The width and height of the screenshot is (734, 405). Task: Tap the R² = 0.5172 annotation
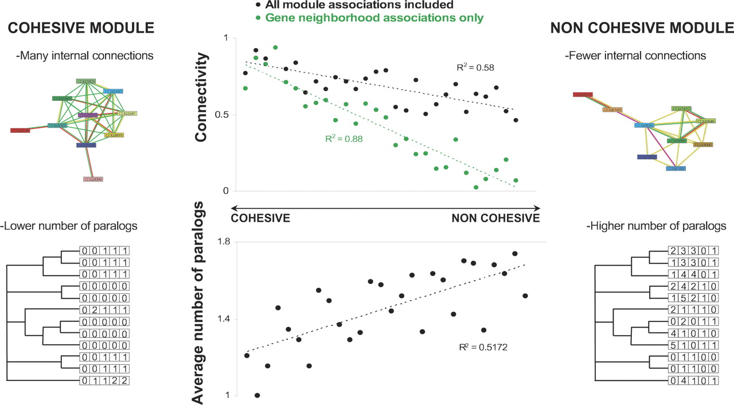(483, 347)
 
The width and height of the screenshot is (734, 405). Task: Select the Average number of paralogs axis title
(200, 303)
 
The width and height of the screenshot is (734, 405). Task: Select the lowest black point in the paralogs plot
(257, 395)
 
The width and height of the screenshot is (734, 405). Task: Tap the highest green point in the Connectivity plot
(275, 48)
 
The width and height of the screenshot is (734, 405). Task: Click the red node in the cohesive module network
(19, 131)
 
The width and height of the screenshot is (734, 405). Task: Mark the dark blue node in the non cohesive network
(646, 157)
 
